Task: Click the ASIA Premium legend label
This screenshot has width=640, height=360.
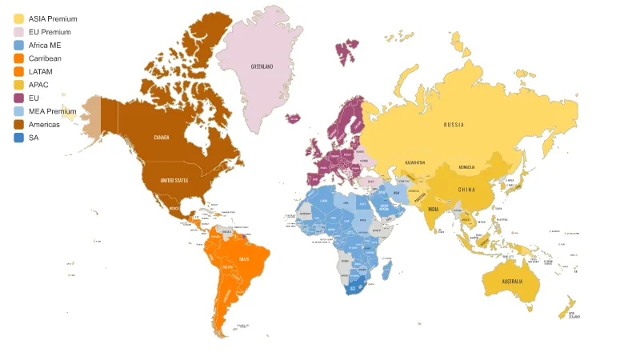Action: point(52,18)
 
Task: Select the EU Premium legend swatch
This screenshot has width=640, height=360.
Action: point(18,32)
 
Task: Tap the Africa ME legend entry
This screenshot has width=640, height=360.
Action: point(45,46)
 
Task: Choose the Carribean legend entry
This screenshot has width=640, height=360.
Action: point(45,58)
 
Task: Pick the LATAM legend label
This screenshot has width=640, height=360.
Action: point(40,72)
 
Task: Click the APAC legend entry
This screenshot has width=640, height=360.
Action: point(38,85)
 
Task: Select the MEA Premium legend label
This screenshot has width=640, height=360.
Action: point(52,111)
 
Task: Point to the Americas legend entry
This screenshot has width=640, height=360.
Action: point(44,125)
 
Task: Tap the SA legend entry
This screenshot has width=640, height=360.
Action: point(34,138)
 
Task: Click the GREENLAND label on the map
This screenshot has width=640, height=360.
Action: point(262,66)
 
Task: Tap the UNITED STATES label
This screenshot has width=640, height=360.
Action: point(174,180)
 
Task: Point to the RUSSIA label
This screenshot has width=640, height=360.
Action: point(454,125)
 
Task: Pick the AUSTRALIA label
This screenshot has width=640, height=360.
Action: point(512,282)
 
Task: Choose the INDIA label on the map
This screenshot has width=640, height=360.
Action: point(433,210)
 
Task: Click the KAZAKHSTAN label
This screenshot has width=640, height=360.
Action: point(414,162)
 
